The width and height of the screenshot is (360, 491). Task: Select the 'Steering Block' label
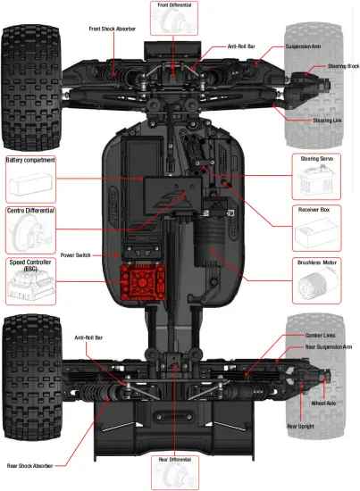tap(343, 66)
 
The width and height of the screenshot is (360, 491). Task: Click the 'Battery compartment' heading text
tap(30, 160)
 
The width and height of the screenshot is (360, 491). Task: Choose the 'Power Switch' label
tap(79, 254)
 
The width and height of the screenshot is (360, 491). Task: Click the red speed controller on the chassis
tap(141, 281)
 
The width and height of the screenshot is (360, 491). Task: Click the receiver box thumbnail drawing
tap(318, 236)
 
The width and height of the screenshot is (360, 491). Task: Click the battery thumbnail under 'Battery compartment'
tap(30, 185)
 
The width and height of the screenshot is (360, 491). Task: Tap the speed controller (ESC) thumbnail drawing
tap(29, 287)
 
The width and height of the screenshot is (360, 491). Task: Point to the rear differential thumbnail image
tap(175, 477)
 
